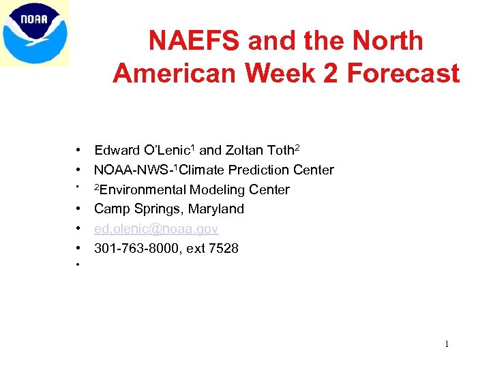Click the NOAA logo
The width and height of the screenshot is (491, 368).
[x=35, y=33]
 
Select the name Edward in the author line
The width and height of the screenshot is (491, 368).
[x=116, y=151]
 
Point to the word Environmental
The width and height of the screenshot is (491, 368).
[x=142, y=190]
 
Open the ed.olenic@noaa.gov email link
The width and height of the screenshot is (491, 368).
[x=156, y=229]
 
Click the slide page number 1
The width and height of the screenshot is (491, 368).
[x=447, y=344]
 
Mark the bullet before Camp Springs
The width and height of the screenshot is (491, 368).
[x=80, y=209]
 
